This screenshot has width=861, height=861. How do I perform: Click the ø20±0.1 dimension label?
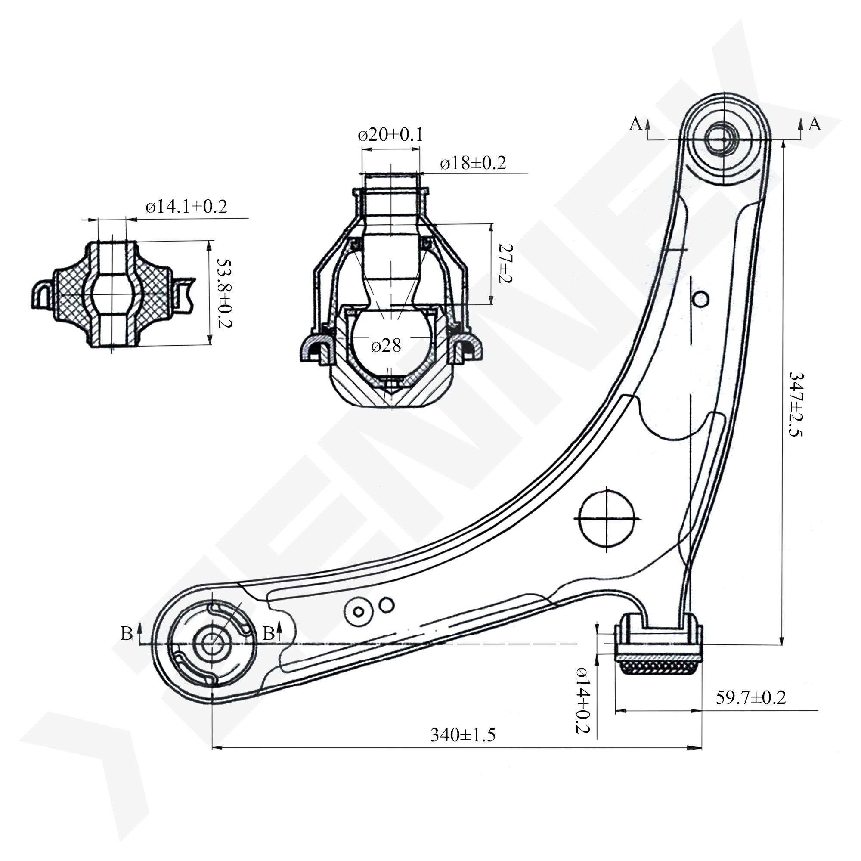[x=390, y=135]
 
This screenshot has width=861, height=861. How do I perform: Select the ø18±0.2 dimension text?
[x=473, y=164]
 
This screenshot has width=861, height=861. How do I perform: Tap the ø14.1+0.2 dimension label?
[x=186, y=207]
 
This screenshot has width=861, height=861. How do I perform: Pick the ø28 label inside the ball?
[x=386, y=345]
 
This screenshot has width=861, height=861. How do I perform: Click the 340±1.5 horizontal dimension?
[x=463, y=734]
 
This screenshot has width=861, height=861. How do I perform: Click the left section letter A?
[x=635, y=124]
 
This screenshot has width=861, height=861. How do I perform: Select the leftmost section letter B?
[x=126, y=633]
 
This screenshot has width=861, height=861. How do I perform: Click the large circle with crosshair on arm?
[x=607, y=519]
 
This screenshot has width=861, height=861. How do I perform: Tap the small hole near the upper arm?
[x=701, y=298]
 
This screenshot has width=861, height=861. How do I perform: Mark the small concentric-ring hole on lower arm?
[x=358, y=611]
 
